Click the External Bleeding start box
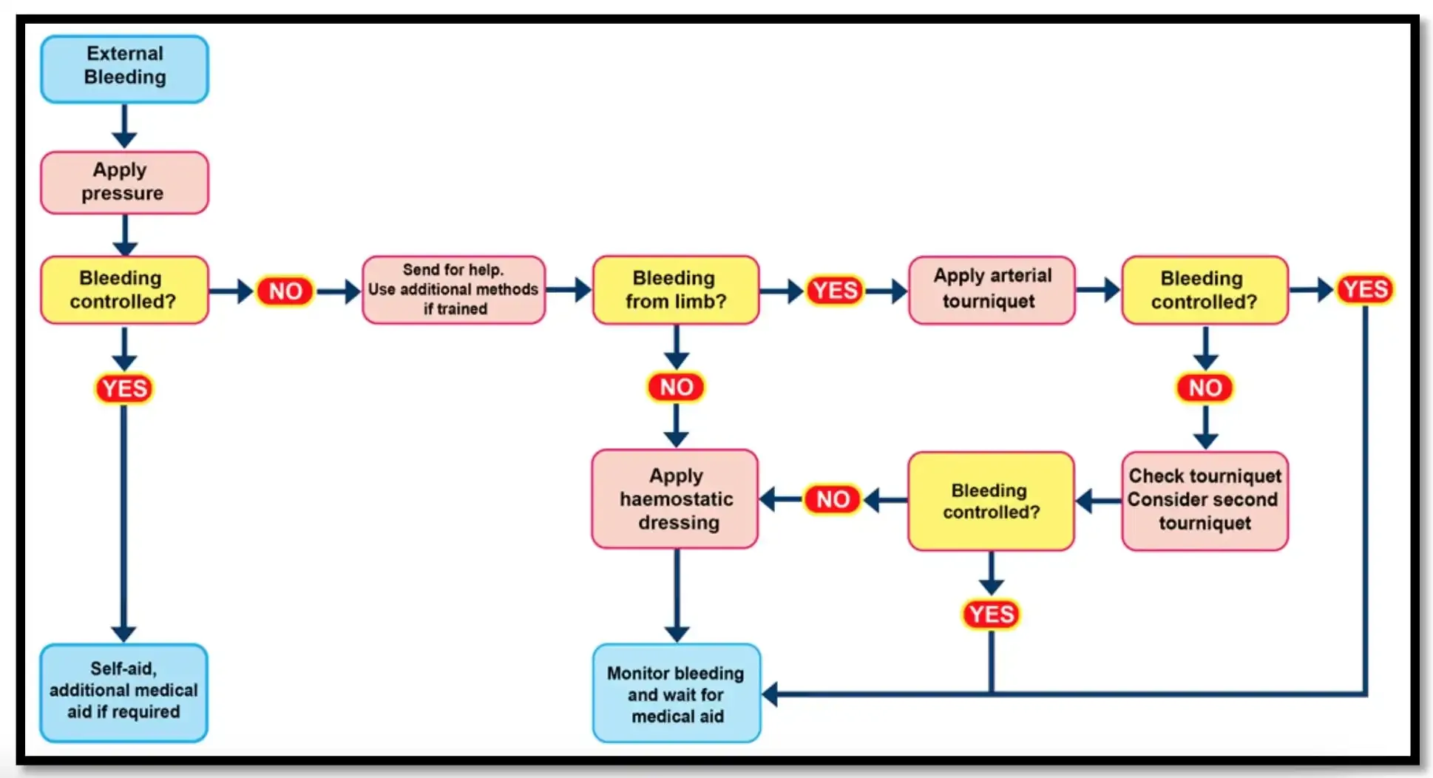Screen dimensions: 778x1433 click(x=124, y=68)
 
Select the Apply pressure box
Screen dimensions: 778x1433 click(x=124, y=182)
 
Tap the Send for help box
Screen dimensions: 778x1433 click(x=453, y=289)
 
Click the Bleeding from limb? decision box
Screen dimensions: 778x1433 click(x=675, y=289)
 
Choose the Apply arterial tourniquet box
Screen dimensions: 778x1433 click(x=991, y=289)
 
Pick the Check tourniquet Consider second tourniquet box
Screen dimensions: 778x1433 click(x=1204, y=500)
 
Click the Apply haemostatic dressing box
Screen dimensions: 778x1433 click(x=675, y=498)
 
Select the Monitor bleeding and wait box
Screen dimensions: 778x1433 click(x=676, y=693)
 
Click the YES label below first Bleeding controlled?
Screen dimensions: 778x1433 click(x=124, y=388)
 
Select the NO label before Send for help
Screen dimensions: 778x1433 click(x=285, y=291)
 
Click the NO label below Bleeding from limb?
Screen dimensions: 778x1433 click(x=676, y=387)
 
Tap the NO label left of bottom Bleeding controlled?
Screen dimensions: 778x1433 click(x=833, y=499)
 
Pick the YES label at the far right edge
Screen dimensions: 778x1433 click(x=1365, y=288)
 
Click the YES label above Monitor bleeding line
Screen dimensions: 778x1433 click(x=991, y=614)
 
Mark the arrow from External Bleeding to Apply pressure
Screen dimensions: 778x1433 click(x=124, y=127)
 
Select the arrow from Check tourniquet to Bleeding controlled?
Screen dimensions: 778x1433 click(x=1097, y=501)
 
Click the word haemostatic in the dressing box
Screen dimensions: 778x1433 click(x=676, y=499)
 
